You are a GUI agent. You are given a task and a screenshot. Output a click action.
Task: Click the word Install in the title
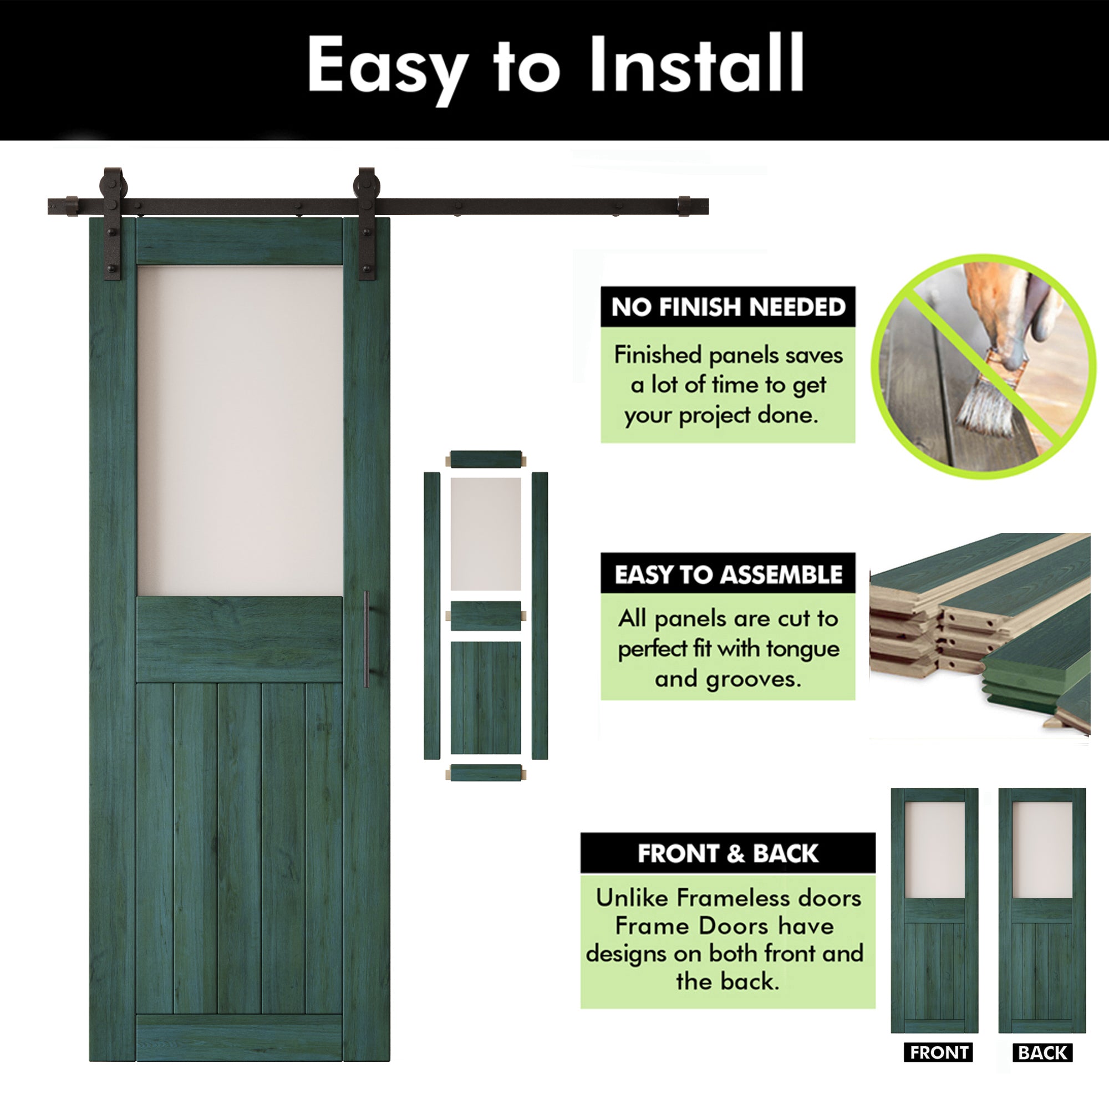click(x=696, y=64)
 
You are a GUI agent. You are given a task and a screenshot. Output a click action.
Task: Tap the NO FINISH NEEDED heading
click(x=728, y=307)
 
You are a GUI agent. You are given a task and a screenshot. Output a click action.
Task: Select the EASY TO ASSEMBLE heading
click(x=728, y=574)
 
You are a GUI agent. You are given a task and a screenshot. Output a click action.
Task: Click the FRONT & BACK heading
click(x=728, y=853)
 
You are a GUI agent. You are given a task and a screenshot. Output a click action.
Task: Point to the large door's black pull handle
click(x=366, y=638)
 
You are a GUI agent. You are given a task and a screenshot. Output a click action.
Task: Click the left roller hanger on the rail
click(x=113, y=224)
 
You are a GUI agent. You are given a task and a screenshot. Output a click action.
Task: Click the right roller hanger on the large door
click(x=366, y=224)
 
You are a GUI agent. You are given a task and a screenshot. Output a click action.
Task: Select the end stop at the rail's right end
click(x=684, y=206)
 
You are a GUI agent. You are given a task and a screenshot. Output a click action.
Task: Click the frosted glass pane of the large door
click(x=240, y=430)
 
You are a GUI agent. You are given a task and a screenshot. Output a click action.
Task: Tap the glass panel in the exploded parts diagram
click(x=486, y=534)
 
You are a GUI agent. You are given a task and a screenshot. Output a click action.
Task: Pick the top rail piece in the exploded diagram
click(x=486, y=460)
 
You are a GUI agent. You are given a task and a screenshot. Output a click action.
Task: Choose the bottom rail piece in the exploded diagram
click(x=486, y=772)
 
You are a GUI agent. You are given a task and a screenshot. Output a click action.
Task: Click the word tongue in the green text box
click(x=802, y=649)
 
